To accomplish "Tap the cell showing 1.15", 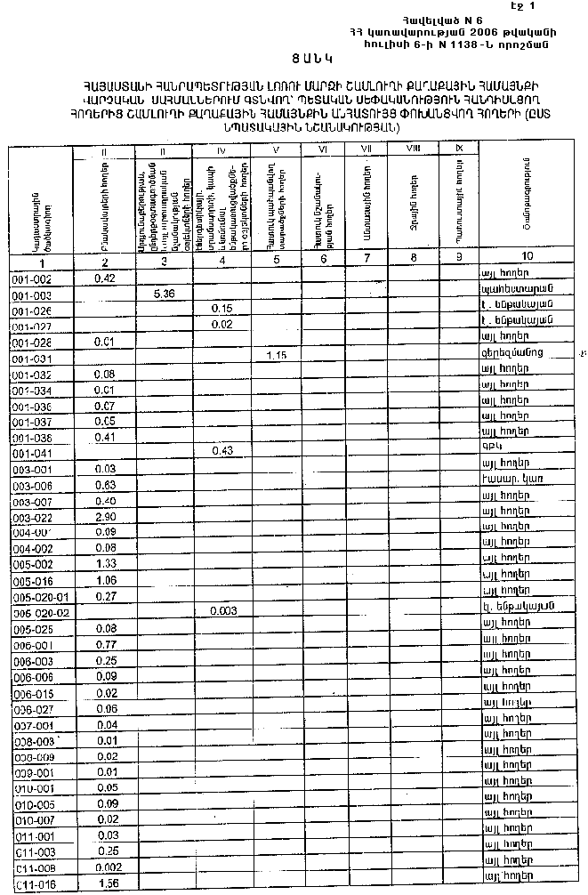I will pyautogui.click(x=278, y=356).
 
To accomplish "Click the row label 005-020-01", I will pyautogui.click(x=41, y=595).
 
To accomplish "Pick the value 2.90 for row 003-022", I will pyautogui.click(x=106, y=517).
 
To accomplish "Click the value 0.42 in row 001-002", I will pyautogui.click(x=106, y=278).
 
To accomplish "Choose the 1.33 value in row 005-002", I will pyautogui.click(x=106, y=564).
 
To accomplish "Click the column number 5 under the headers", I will pyautogui.click(x=277, y=260).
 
